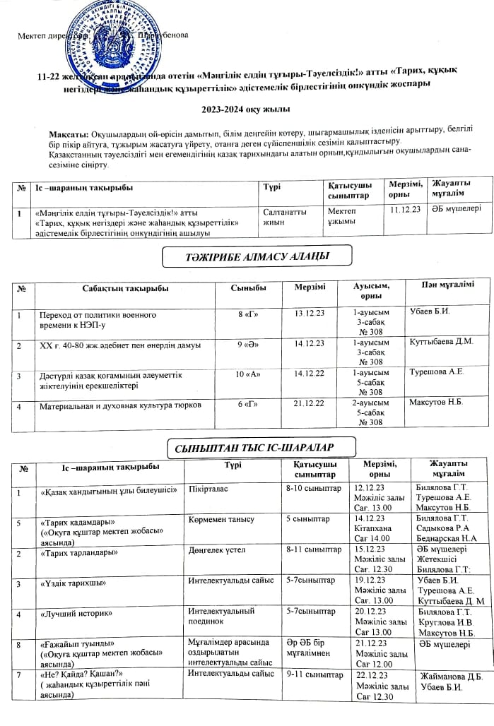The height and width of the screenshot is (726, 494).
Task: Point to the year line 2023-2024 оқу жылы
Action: [247, 110]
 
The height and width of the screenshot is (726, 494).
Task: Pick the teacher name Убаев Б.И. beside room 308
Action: [429, 311]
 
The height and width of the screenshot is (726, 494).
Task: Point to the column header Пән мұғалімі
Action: [448, 285]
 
